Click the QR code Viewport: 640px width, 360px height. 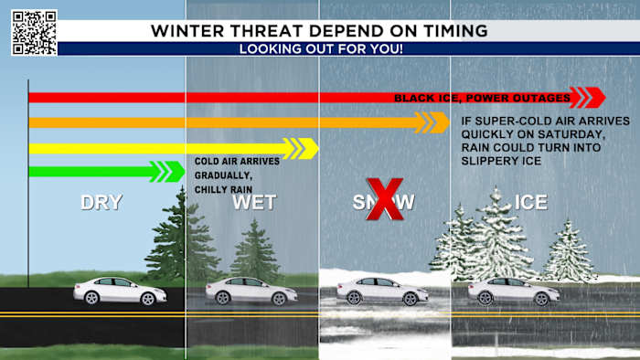click(34, 32)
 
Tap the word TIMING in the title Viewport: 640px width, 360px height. click(447, 30)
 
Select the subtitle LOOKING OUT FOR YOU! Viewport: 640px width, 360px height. click(319, 48)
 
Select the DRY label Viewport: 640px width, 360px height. click(101, 203)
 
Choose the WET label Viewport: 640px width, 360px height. click(253, 203)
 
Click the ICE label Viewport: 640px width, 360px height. click(531, 203)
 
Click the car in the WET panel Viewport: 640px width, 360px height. click(251, 291)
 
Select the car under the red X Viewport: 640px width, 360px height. click(382, 291)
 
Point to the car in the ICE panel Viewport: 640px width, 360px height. click(514, 291)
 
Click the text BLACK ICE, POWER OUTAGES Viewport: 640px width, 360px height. click(482, 98)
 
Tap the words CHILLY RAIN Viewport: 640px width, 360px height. click(223, 189)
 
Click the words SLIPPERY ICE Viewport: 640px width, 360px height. click(502, 161)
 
